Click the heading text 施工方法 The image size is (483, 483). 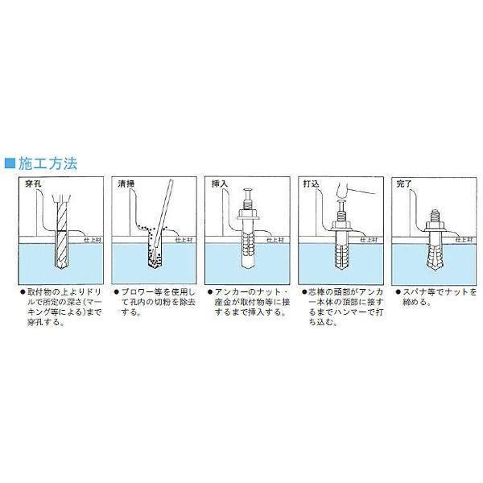point(47,163)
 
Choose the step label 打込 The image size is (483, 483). point(311,184)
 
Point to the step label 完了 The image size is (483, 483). point(403,184)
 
